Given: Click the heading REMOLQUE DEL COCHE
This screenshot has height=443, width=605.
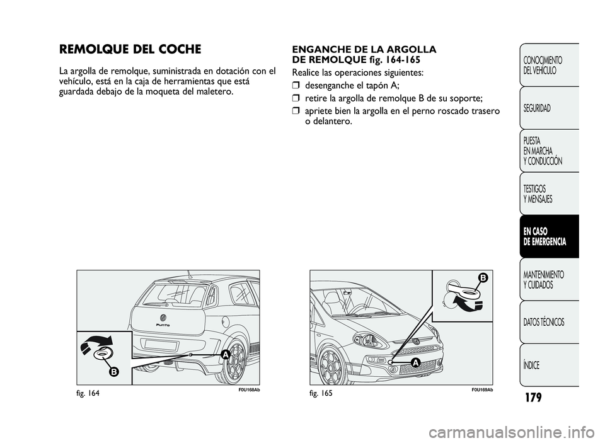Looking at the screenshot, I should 130,49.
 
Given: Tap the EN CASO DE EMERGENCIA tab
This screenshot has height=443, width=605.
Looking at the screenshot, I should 545,236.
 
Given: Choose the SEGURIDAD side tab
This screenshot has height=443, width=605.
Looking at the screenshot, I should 536,108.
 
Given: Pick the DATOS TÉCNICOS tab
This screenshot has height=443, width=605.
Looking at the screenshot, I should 544,323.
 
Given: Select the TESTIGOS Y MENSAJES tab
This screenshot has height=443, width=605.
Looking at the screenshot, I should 538,193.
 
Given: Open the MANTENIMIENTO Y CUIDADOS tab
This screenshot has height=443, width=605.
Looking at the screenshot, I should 544,280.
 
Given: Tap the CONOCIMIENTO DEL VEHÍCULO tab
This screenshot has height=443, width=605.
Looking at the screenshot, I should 543,65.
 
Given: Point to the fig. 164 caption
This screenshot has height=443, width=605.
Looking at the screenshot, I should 89,393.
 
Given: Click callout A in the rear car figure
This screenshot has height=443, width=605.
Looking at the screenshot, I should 224,355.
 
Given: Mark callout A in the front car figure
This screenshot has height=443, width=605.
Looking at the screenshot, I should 415,361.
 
